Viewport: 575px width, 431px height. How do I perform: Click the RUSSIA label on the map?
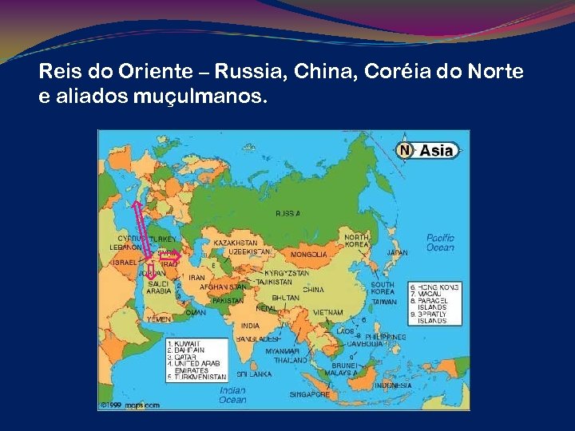pos(288,214)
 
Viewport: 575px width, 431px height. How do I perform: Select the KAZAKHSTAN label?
pos(235,242)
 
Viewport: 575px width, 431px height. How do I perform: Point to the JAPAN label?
pos(397,253)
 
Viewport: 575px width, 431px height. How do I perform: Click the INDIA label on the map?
pos(250,326)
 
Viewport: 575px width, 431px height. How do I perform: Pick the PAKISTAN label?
pos(228,301)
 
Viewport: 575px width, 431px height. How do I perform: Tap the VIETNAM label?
pos(327,312)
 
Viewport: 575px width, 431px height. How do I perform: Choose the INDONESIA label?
pos(391,386)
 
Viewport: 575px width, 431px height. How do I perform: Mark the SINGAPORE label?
pos(310,394)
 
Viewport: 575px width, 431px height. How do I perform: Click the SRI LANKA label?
pos(255,374)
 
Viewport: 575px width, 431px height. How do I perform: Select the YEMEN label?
pos(158,318)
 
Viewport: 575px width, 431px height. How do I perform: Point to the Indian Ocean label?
pos(232,395)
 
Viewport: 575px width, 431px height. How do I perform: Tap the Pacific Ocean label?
pos(440,243)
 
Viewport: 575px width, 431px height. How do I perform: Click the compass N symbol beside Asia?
pos(405,149)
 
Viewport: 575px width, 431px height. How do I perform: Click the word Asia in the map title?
pos(437,150)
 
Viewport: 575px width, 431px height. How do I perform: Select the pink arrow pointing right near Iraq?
pos(169,257)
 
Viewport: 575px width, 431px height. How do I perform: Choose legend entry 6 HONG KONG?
pos(434,286)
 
